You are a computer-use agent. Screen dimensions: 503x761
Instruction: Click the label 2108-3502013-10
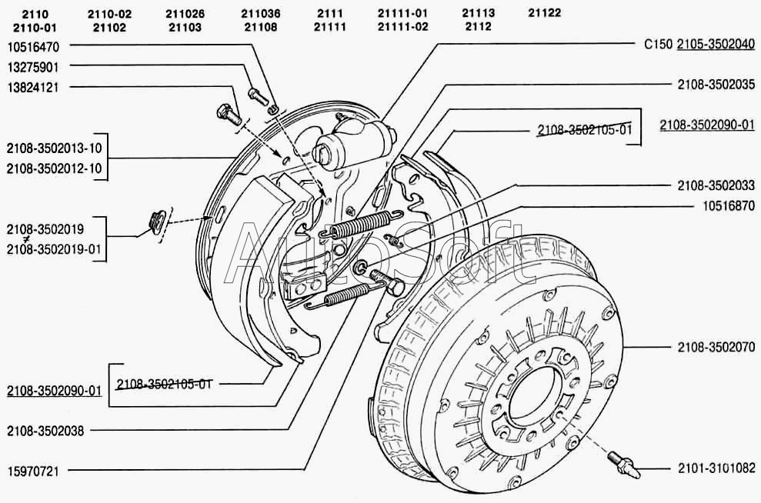point(53,148)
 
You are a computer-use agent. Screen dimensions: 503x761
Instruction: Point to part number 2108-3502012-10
point(53,168)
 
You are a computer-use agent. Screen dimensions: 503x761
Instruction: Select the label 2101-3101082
point(716,467)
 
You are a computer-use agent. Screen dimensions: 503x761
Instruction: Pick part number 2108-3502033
point(716,185)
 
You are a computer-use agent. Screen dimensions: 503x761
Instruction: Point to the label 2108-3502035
point(716,85)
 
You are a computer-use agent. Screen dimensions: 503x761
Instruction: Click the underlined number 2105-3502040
point(716,45)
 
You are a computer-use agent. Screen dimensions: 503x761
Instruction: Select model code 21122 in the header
point(545,13)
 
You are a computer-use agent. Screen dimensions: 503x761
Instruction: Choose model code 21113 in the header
point(479,13)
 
